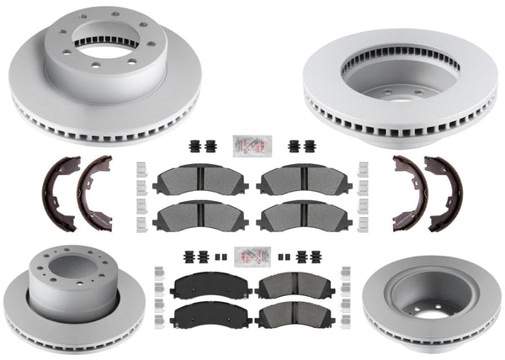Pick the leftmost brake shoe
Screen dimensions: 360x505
(x=61, y=194)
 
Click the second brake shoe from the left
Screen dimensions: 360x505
(x=95, y=193)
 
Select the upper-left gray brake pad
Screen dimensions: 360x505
(x=199, y=179)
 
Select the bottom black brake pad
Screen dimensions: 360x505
(x=206, y=316)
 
